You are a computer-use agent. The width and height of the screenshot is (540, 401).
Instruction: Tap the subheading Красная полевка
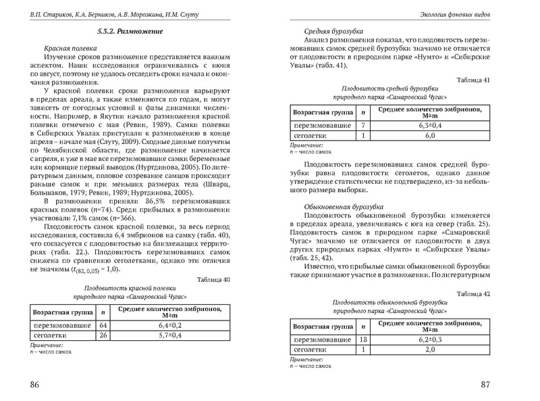coord(68,50)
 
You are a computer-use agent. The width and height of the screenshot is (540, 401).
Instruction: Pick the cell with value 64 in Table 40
coord(103,325)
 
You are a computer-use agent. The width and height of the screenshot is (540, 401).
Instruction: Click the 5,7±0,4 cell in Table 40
coord(169,335)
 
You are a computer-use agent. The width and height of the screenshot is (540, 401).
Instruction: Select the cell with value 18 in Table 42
coord(363,339)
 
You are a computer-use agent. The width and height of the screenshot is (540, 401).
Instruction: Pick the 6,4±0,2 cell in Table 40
coord(169,325)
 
